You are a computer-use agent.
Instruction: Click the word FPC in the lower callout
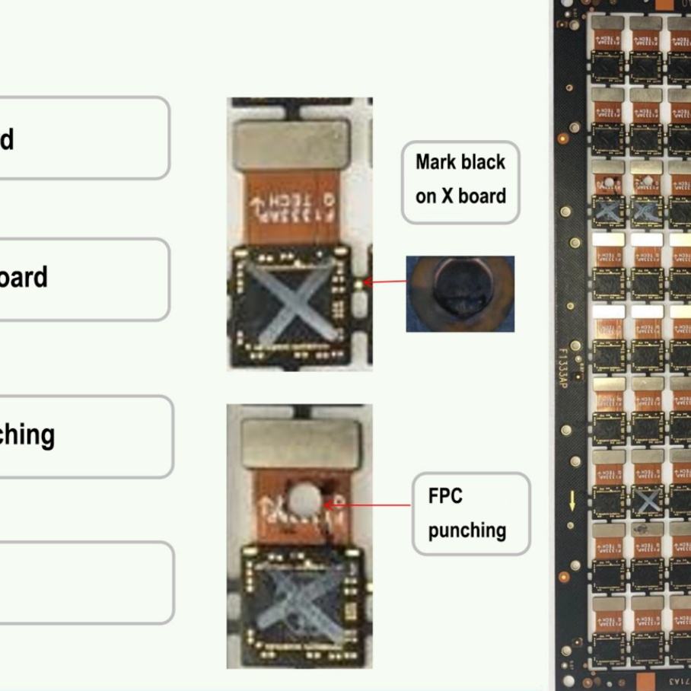445,496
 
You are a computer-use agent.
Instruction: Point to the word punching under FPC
467,530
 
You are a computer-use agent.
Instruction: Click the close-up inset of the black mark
460,294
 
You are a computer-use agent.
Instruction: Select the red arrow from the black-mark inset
387,282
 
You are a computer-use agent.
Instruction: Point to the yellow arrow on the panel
572,499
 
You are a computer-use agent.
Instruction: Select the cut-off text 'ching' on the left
27,435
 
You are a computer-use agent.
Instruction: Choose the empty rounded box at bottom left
84,582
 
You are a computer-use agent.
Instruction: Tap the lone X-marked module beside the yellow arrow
647,500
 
